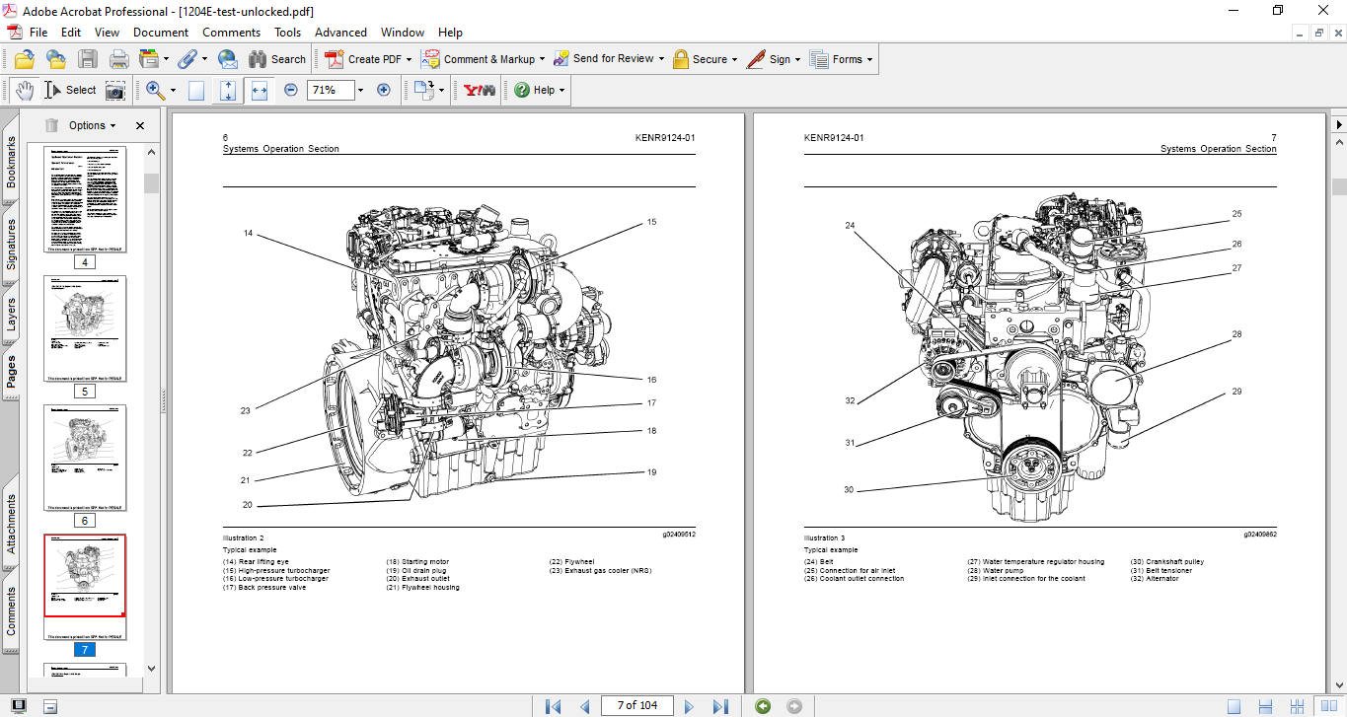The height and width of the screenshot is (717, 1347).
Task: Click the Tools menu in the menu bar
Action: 287,33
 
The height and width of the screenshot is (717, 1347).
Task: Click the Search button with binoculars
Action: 277,59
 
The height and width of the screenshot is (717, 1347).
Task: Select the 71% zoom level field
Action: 329,90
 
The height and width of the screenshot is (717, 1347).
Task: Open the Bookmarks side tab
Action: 11,162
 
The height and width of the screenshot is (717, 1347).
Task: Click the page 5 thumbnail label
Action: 85,392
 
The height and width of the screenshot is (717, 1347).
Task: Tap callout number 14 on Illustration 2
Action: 248,234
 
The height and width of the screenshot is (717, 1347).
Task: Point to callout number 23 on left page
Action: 245,411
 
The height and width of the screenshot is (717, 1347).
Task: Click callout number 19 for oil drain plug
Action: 651,472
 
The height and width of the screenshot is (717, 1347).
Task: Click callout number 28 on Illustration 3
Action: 1236,334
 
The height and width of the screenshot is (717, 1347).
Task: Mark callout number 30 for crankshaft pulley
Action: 848,490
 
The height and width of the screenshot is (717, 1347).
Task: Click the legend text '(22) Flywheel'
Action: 571,562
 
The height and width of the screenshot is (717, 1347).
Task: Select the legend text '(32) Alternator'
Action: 1160,579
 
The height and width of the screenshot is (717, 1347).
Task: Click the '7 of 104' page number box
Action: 636,705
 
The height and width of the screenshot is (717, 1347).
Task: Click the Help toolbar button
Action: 540,90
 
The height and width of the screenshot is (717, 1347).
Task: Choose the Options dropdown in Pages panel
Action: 91,125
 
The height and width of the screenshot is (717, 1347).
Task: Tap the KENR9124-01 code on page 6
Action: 664,138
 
